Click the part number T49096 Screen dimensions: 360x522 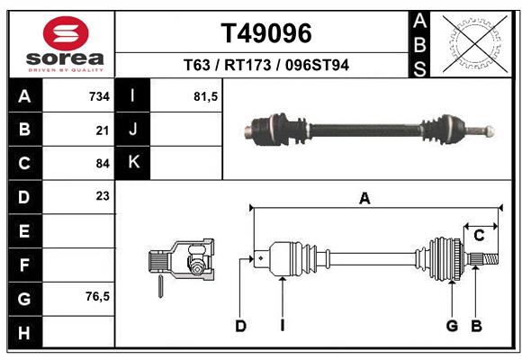(266, 33)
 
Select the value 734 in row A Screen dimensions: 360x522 (99, 95)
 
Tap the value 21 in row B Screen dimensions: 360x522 (103, 130)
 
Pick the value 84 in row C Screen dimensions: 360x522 (103, 163)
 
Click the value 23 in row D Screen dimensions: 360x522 (103, 196)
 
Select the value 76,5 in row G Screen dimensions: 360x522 (97, 296)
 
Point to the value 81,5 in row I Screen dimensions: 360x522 (206, 95)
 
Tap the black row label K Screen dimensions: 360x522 (133, 163)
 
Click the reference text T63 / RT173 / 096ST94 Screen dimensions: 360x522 (266, 65)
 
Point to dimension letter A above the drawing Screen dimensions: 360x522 (364, 199)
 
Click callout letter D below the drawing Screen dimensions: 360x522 (240, 326)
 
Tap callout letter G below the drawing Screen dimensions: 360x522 (452, 326)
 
